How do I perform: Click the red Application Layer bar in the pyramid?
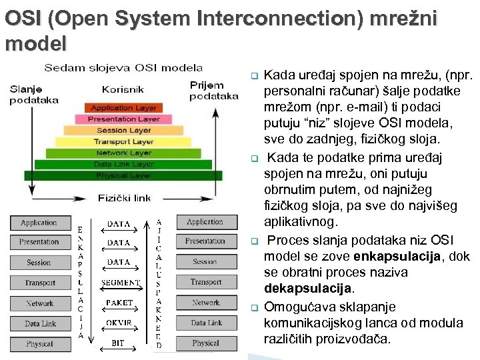(x=124, y=108)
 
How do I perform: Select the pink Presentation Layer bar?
(x=124, y=119)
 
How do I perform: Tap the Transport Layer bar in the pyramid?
(x=124, y=141)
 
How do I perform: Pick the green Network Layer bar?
(x=124, y=153)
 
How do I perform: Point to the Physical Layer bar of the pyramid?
(x=124, y=175)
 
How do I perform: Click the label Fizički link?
(x=124, y=198)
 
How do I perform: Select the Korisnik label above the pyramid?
(x=123, y=89)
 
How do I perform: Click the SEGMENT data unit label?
(x=120, y=283)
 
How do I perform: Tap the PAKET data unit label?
(x=119, y=303)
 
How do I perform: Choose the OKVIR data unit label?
(x=119, y=323)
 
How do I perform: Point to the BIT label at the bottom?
(x=118, y=343)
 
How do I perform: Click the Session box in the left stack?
(x=39, y=263)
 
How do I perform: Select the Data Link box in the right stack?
(x=206, y=323)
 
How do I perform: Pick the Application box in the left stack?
(x=39, y=223)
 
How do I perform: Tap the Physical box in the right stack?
(x=206, y=343)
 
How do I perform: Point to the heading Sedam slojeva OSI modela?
(x=123, y=67)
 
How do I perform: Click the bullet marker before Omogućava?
(x=253, y=307)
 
